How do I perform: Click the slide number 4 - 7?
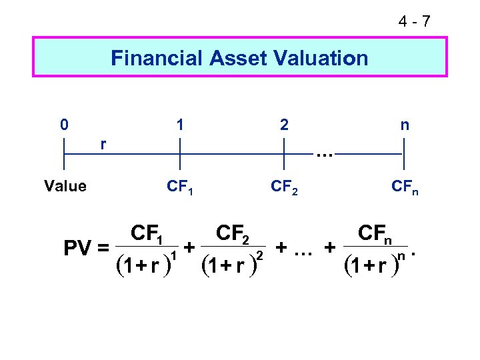[414, 22]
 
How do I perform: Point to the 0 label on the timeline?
[63, 125]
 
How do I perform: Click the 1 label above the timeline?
[179, 125]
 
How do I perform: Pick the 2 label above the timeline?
[285, 125]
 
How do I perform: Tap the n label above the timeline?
[404, 125]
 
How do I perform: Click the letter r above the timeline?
[103, 143]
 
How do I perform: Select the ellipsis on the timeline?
[325, 155]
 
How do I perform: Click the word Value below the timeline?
[65, 186]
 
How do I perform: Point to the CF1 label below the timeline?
[180, 187]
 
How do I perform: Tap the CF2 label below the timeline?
[285, 187]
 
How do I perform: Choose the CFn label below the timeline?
[404, 187]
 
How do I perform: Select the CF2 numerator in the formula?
[233, 234]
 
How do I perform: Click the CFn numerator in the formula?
[375, 234]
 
